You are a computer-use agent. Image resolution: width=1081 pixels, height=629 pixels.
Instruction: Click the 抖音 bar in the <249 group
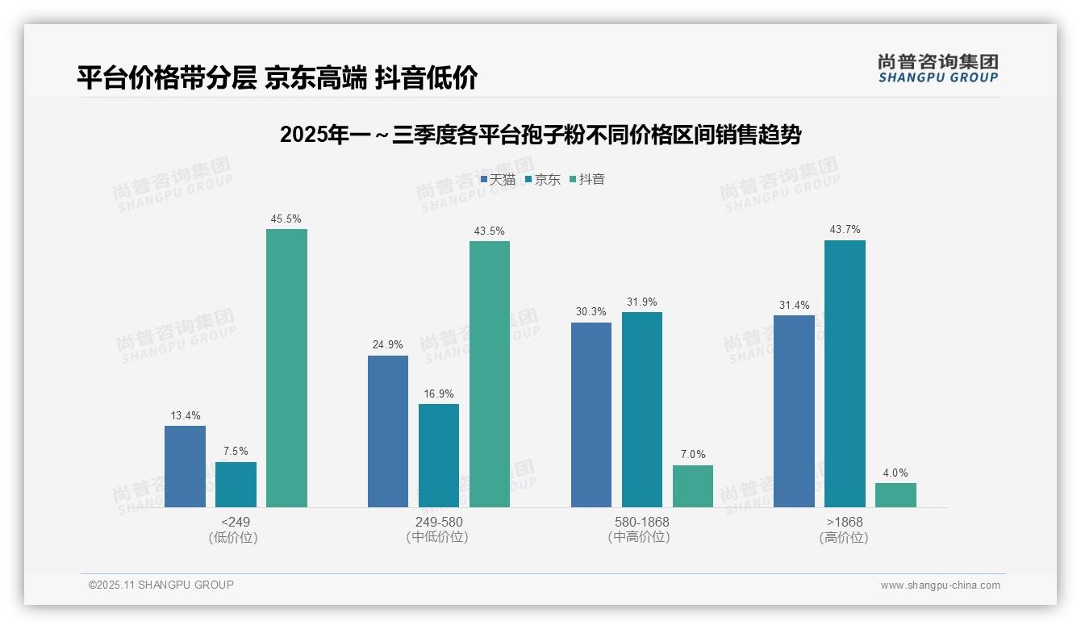pyautogui.click(x=286, y=368)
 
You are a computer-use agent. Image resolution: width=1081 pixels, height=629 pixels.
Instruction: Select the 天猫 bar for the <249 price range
pyautogui.click(x=185, y=466)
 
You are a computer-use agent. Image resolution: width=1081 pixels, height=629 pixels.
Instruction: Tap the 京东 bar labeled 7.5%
pyautogui.click(x=236, y=484)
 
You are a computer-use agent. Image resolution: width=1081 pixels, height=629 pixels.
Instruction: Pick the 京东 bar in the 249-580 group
pyautogui.click(x=439, y=455)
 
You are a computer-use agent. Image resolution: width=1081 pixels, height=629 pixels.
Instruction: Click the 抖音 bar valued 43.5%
pyautogui.click(x=490, y=373)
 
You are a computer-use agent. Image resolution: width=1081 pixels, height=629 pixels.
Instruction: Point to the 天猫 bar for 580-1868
pyautogui.click(x=591, y=414)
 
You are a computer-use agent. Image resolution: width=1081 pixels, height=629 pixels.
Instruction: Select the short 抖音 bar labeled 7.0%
pyautogui.click(x=693, y=485)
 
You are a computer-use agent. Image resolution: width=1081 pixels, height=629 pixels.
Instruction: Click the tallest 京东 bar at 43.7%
pyautogui.click(x=845, y=373)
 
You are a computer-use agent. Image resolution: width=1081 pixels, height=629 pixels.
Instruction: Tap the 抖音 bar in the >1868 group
pyautogui.click(x=895, y=494)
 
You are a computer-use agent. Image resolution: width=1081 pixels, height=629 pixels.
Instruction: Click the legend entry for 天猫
pyautogui.click(x=498, y=179)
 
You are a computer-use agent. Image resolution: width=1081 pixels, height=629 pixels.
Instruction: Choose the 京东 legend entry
pyautogui.click(x=543, y=179)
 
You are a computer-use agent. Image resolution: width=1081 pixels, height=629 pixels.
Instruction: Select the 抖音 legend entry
pyautogui.click(x=587, y=179)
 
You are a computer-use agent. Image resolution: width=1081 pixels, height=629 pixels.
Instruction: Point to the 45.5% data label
pyautogui.click(x=286, y=219)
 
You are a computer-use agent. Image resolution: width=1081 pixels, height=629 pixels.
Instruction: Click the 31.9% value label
pyautogui.click(x=642, y=302)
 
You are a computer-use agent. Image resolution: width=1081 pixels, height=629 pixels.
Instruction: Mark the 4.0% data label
pyautogui.click(x=895, y=473)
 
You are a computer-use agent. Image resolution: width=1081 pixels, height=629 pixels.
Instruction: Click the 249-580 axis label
pyautogui.click(x=439, y=522)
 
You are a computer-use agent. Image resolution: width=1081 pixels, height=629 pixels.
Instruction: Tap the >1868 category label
pyautogui.click(x=845, y=522)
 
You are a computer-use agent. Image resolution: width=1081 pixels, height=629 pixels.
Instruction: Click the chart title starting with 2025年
pyautogui.click(x=540, y=135)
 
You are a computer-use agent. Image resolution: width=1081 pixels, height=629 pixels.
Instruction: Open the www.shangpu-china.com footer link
pyautogui.click(x=940, y=585)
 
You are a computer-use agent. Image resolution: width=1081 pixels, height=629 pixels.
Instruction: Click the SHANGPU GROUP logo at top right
pyautogui.click(x=937, y=68)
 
